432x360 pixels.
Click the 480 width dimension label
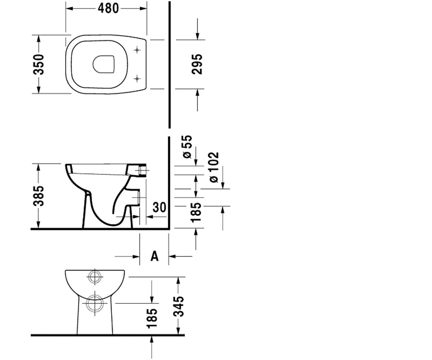click(x=108, y=9)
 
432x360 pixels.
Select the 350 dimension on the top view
click(x=39, y=64)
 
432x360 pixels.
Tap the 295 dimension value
click(x=197, y=64)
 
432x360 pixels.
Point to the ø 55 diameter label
click(x=187, y=147)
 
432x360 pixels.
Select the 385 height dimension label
click(x=39, y=196)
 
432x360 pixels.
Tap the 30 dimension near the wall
click(x=159, y=207)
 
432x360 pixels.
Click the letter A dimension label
click(x=154, y=256)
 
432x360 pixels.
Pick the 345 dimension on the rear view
click(x=178, y=306)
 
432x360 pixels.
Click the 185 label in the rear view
click(x=152, y=318)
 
